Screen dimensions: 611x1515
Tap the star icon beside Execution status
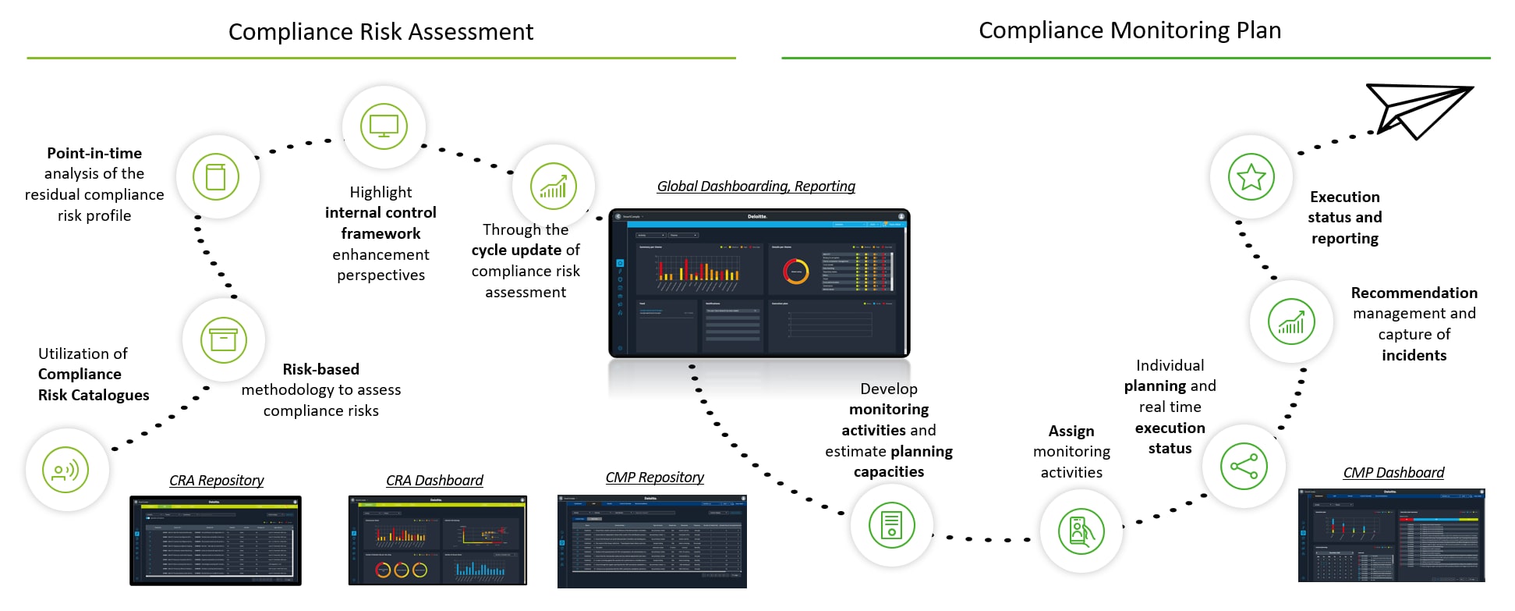1251,177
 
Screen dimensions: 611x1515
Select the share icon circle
1244,467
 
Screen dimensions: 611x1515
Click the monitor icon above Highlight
384,126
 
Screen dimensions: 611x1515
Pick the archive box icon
223,340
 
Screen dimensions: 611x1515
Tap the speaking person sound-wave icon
66,470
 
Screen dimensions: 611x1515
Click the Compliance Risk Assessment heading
381,32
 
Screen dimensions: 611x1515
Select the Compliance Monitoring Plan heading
1130,30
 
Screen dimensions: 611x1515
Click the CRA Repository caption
216,481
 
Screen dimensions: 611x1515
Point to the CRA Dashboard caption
434,481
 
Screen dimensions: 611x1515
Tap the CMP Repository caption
654,478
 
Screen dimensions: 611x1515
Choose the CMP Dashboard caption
1393,473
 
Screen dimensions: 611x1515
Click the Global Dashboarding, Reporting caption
756,186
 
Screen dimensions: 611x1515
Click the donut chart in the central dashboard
796,271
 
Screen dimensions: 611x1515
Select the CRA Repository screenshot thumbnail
215,541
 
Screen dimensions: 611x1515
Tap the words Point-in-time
94,154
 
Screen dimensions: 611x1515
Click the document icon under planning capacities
891,524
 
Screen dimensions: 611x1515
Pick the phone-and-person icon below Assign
1081,531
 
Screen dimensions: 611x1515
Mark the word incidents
1414,356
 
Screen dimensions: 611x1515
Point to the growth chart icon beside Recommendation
1290,321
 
